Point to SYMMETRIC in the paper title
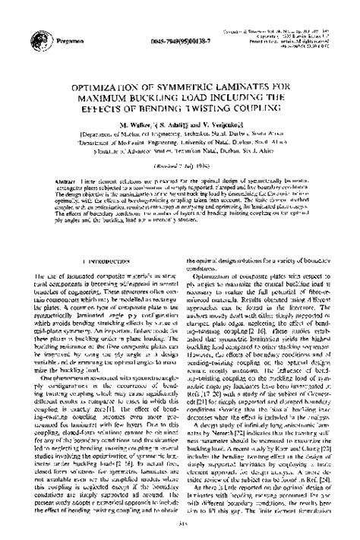(x=187, y=89)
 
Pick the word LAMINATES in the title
(x=247, y=89)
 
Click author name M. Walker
(x=129, y=123)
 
